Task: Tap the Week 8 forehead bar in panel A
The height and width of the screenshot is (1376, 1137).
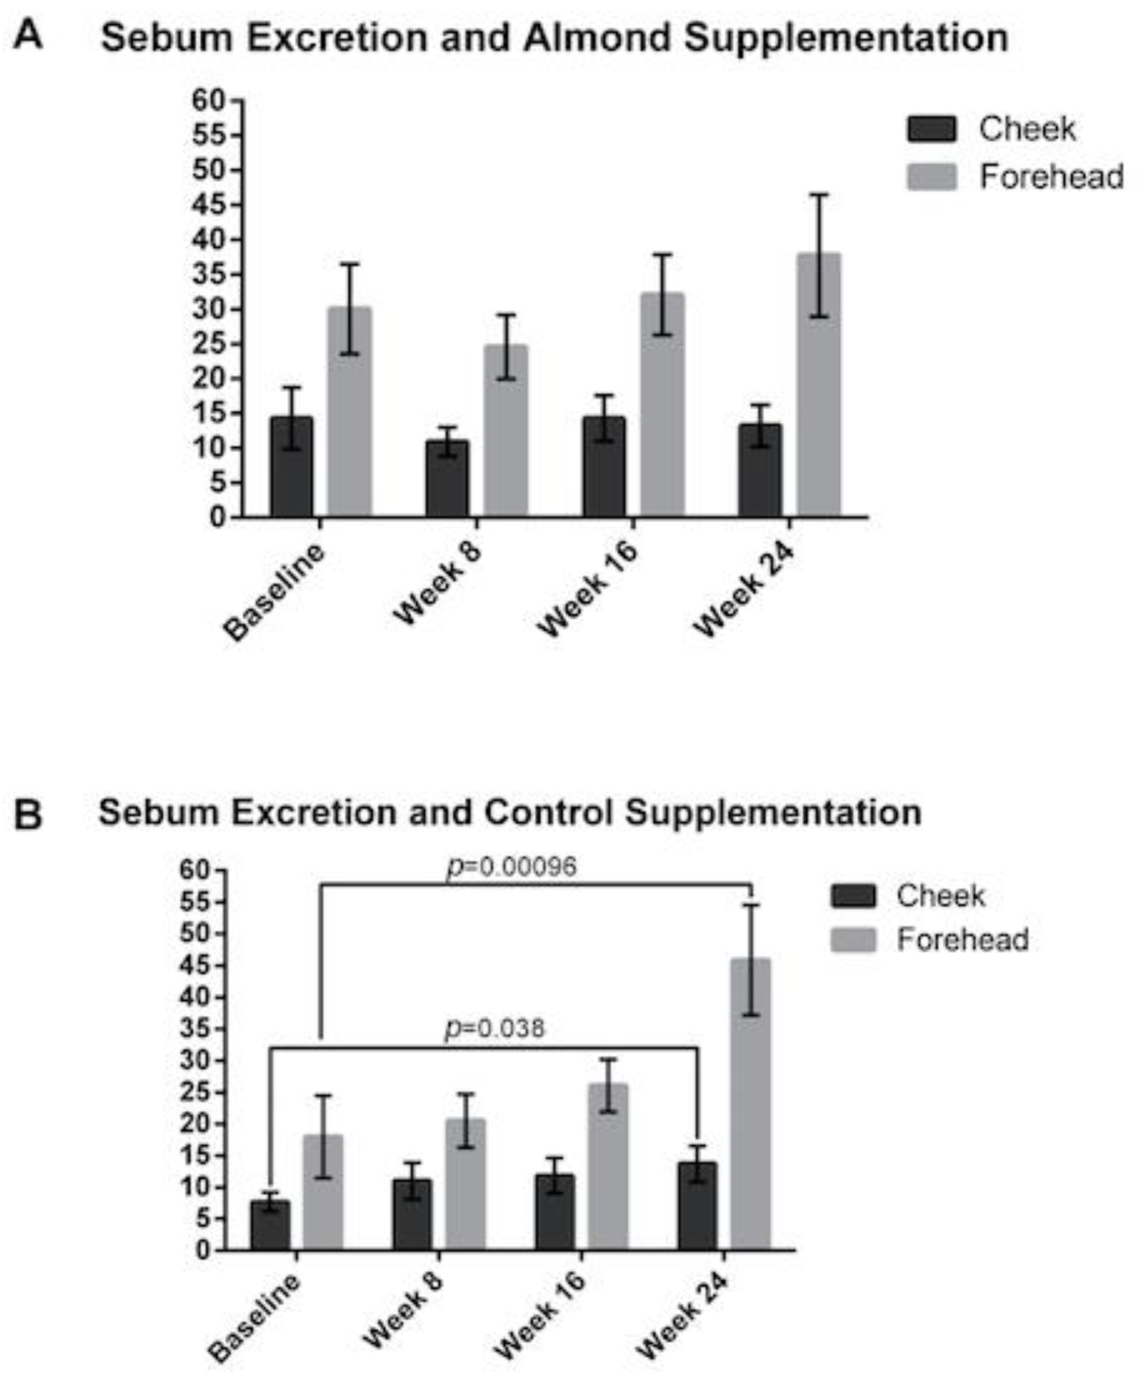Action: (x=506, y=432)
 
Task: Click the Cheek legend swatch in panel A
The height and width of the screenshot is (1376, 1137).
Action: (x=931, y=129)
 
